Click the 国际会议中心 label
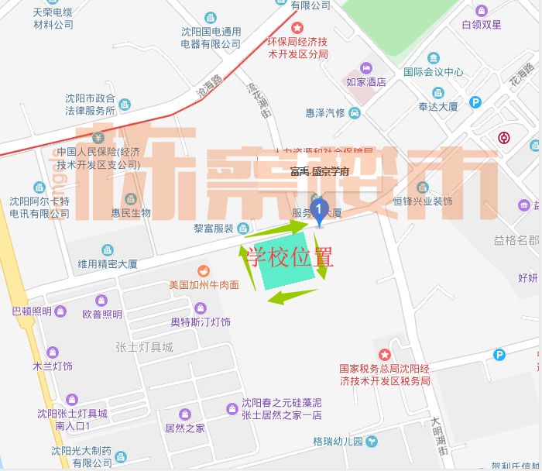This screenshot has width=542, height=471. click(434, 72)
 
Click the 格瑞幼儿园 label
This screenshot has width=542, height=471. click(338, 442)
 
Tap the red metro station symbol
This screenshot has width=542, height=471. click(504, 139)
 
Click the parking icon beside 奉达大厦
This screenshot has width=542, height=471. click(475, 102)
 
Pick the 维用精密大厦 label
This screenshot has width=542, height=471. click(107, 264)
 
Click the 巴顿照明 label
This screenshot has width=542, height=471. click(32, 311)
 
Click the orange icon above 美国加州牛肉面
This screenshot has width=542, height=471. click(204, 270)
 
